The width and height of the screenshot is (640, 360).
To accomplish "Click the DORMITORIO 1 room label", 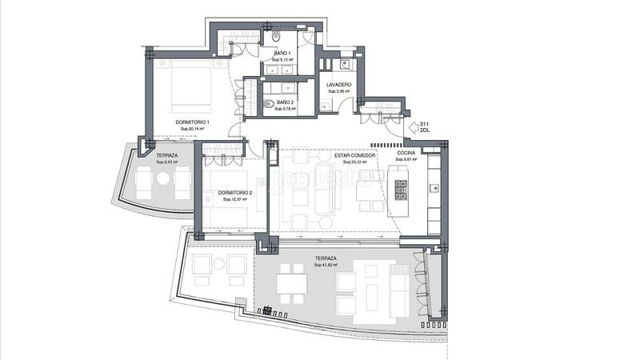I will pyautogui.click(x=191, y=122).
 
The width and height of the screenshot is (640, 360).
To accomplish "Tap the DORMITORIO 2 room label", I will pyautogui.click(x=234, y=193).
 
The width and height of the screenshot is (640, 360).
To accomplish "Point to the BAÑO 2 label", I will pyautogui.click(x=286, y=103).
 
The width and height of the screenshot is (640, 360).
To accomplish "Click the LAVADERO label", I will pyautogui.click(x=339, y=84).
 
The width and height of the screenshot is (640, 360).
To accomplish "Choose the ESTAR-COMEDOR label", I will pyautogui.click(x=354, y=155).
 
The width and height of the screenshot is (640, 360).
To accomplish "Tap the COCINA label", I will pyautogui.click(x=407, y=152).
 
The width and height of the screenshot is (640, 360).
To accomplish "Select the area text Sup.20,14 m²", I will pyautogui.click(x=192, y=130).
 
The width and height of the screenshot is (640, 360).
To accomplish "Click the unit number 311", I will pyautogui.click(x=425, y=122).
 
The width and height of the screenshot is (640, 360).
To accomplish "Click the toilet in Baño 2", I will pyautogui.click(x=268, y=103).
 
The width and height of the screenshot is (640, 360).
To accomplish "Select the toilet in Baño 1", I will pyautogui.click(x=275, y=37).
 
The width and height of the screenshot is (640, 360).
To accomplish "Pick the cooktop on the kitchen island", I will pyautogui.click(x=402, y=190).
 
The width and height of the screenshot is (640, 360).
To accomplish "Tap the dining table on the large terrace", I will pyautogui.click(x=292, y=285).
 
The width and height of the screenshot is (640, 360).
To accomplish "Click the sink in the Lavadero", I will pyautogui.click(x=347, y=66).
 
